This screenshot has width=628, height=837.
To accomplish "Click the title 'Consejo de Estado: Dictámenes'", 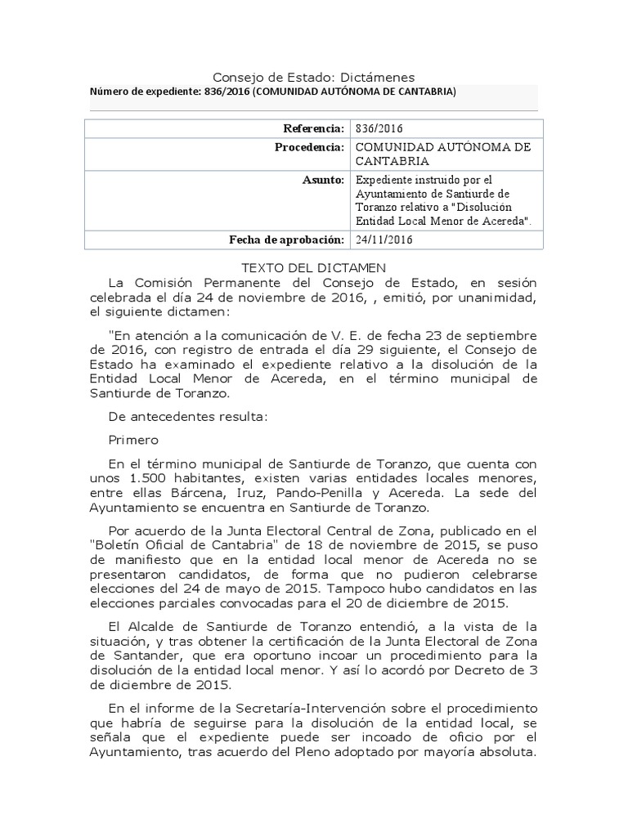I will tap(314, 76).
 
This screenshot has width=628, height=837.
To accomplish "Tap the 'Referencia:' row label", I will tap(314, 128).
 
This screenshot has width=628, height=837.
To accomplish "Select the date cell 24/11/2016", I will tap(384, 239).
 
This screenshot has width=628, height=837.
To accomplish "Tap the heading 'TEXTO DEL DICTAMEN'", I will tap(313, 267).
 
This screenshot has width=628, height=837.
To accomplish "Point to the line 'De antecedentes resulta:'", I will tap(187, 416).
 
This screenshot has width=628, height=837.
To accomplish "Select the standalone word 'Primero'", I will tap(133, 439).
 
